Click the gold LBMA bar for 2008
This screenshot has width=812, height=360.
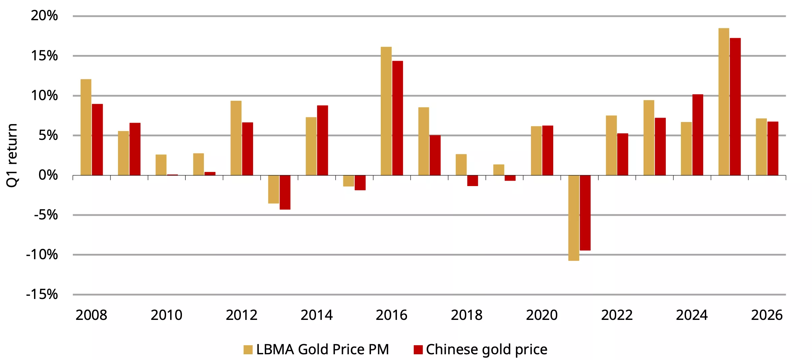tap(86, 127)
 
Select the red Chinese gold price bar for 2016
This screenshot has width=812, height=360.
tap(398, 118)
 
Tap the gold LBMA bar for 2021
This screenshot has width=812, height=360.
tap(573, 218)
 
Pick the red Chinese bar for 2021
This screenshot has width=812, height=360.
tap(585, 213)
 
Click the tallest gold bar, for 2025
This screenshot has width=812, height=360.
tap(724, 102)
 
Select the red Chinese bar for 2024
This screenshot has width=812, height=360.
tap(698, 135)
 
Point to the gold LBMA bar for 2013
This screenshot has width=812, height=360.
tap(274, 189)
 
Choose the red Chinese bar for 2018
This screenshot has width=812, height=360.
tap(473, 181)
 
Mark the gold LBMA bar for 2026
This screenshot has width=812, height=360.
tap(761, 147)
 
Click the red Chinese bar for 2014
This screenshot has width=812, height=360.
tap(322, 140)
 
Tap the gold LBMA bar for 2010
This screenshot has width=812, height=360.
tap(161, 165)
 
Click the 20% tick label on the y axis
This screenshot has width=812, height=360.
tap(44, 16)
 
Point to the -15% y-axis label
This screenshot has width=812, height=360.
tap(42, 295)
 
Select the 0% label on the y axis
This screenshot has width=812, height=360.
tap(48, 175)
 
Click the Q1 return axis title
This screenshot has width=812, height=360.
tap(12, 155)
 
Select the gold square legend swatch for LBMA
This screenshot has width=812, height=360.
tap(248, 350)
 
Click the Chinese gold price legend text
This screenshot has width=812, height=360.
tap(487, 350)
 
